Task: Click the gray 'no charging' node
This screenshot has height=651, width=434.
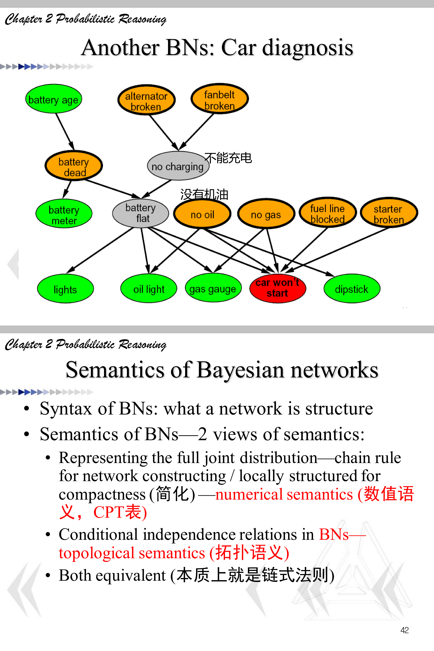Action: (x=178, y=166)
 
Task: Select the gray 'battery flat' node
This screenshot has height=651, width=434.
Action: (x=141, y=213)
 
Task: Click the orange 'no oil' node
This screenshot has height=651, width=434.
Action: (x=202, y=214)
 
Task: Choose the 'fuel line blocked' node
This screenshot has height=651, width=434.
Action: (x=327, y=213)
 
